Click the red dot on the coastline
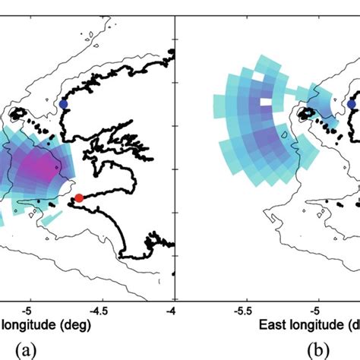[78, 198]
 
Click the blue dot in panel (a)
[64, 103]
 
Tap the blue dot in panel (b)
[352, 105]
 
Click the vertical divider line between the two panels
[175, 152]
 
